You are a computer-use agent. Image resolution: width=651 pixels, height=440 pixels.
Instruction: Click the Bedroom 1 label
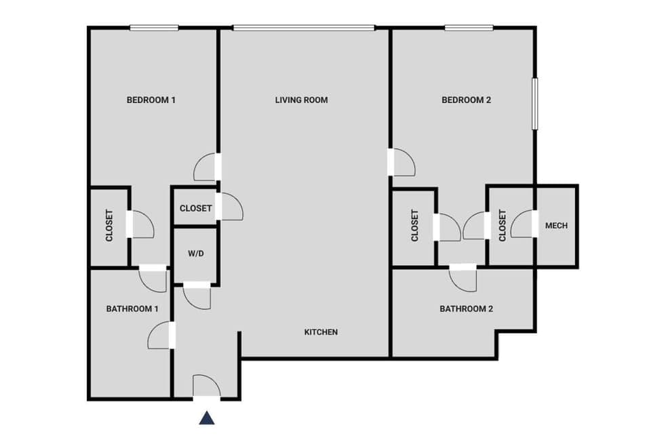click(151, 100)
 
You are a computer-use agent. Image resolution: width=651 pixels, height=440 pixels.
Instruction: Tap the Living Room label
click(301, 100)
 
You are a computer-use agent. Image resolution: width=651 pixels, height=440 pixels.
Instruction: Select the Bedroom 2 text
click(466, 100)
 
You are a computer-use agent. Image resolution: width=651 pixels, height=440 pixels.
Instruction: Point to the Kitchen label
click(321, 332)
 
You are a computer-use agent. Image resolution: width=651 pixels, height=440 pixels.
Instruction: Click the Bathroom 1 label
click(132, 309)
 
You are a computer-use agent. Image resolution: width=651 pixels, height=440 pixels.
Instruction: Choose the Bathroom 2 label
click(466, 309)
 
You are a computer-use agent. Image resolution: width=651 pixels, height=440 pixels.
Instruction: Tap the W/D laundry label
click(195, 254)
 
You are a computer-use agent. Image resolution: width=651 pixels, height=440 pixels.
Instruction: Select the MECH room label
click(556, 226)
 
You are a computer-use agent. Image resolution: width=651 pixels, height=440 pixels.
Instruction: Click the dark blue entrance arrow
click(207, 417)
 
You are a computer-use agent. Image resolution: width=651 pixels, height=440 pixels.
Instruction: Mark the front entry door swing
click(206, 386)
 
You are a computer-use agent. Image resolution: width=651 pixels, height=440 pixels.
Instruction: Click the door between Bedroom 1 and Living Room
click(207, 167)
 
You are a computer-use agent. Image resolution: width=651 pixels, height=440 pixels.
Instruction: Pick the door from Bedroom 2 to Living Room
click(402, 163)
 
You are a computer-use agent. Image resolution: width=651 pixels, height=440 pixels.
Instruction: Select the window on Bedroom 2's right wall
click(534, 103)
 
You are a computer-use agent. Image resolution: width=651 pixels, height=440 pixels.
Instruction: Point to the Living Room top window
click(303, 28)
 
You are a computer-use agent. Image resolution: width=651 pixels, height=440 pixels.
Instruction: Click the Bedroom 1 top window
click(154, 28)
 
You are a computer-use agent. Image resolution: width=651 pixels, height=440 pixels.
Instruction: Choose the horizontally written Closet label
click(195, 209)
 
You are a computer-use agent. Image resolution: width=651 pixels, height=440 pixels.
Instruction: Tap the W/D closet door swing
click(197, 296)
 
